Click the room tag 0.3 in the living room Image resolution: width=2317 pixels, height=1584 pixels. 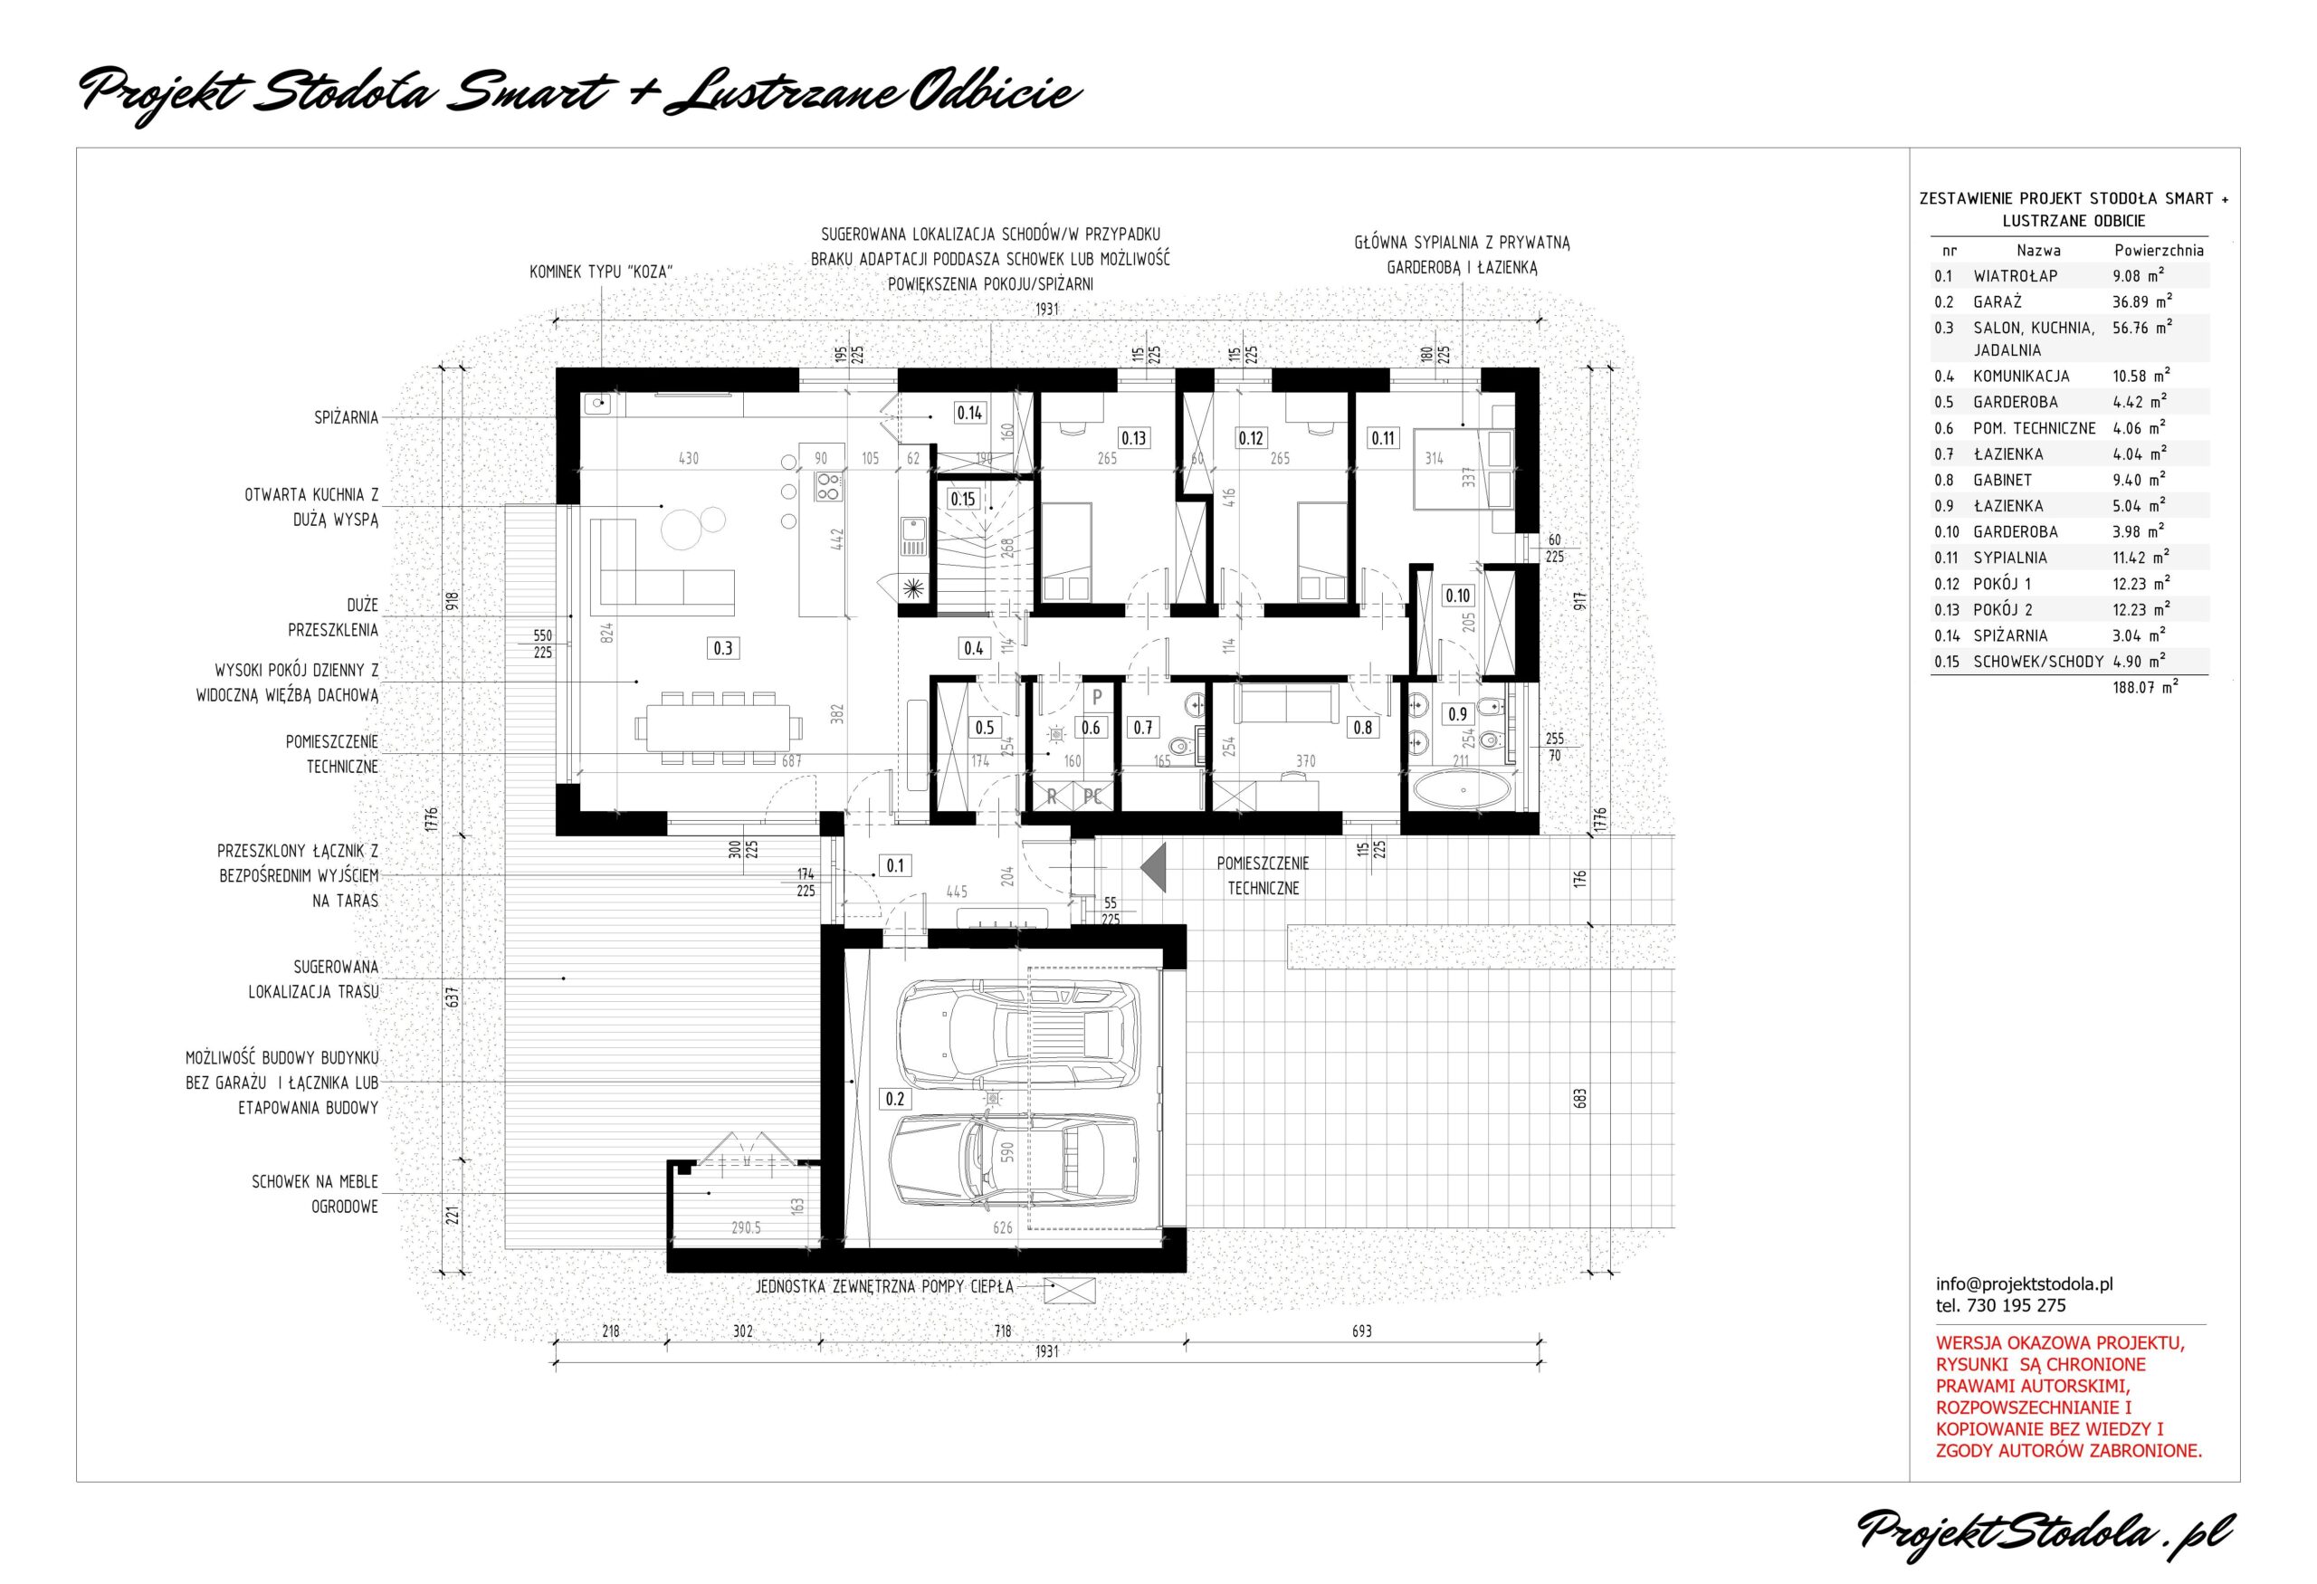[723, 648]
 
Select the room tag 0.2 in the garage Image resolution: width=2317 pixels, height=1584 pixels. [894, 1099]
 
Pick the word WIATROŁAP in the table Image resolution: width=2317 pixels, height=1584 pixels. [2015, 275]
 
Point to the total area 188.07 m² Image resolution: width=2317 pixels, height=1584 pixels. [2144, 687]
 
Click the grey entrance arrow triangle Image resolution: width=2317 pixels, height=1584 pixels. [1155, 867]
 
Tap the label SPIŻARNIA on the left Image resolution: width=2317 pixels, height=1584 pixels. [346, 417]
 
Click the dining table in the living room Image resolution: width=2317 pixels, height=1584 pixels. [719, 728]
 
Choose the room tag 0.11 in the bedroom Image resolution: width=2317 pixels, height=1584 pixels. [1383, 437]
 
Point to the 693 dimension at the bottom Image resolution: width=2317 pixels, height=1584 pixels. [1362, 1331]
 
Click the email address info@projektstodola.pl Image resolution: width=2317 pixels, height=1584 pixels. [2024, 1284]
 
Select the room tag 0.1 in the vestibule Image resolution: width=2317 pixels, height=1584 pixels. [894, 865]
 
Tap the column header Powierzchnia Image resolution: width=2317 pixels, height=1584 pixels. [2159, 250]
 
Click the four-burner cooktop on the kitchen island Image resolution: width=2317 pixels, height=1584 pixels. [829, 485]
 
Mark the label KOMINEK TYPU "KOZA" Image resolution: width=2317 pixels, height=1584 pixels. [600, 272]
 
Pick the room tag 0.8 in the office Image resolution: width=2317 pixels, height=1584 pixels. [1362, 728]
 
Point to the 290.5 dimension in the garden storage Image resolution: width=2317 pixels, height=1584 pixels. [746, 1228]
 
